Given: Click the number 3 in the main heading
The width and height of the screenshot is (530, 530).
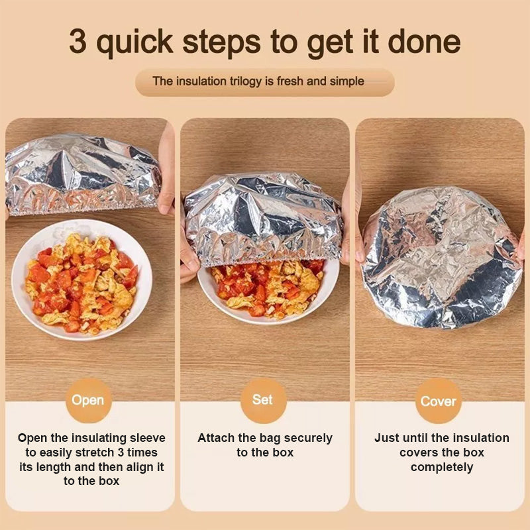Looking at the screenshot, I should (79, 41).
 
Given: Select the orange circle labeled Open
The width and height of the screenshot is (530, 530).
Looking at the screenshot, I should (88, 400).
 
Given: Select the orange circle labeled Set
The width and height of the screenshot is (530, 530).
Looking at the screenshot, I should (263, 400).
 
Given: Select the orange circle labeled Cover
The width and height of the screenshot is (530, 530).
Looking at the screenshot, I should (439, 401).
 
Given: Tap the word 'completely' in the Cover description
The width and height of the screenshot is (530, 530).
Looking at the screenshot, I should (442, 467).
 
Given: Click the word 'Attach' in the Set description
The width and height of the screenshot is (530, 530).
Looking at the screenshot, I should (216, 438).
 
